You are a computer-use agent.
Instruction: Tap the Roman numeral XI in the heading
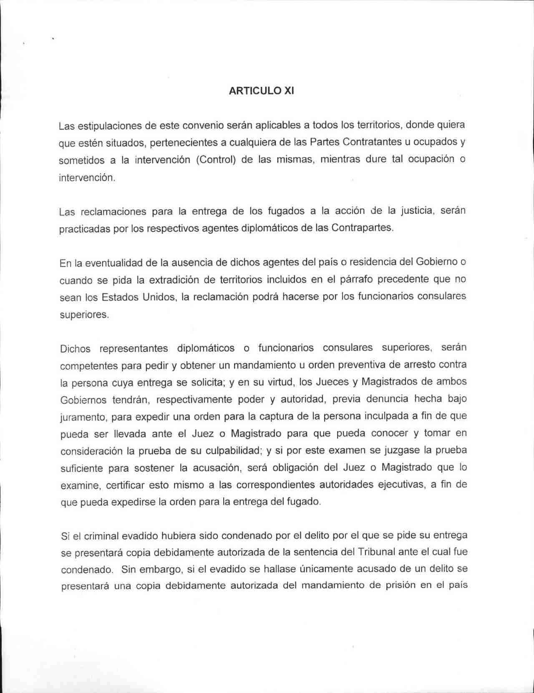pos(289,91)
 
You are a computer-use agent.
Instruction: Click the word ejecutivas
pos(406,485)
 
